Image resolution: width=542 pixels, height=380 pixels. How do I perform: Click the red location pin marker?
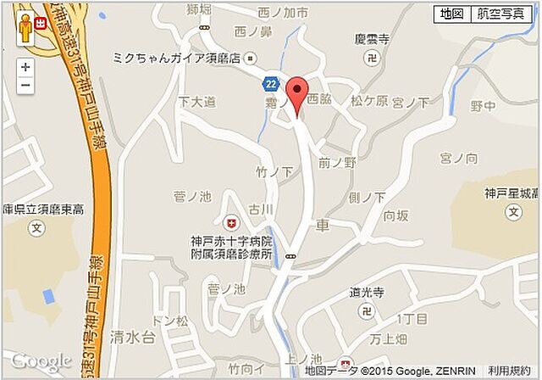point(296,92)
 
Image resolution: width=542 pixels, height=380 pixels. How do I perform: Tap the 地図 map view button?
point(449,14)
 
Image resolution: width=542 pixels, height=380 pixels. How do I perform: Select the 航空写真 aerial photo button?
point(499,14)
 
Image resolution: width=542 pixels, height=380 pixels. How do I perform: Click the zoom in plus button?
point(25,67)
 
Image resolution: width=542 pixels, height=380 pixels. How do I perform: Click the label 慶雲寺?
point(372,40)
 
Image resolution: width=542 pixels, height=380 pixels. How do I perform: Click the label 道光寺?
point(367,293)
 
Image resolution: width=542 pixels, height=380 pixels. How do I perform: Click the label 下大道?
point(196,101)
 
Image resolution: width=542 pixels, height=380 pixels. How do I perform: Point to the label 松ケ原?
point(369,101)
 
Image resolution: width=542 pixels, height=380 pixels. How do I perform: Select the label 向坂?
point(396,215)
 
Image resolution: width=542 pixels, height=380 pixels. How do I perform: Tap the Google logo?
point(41,361)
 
